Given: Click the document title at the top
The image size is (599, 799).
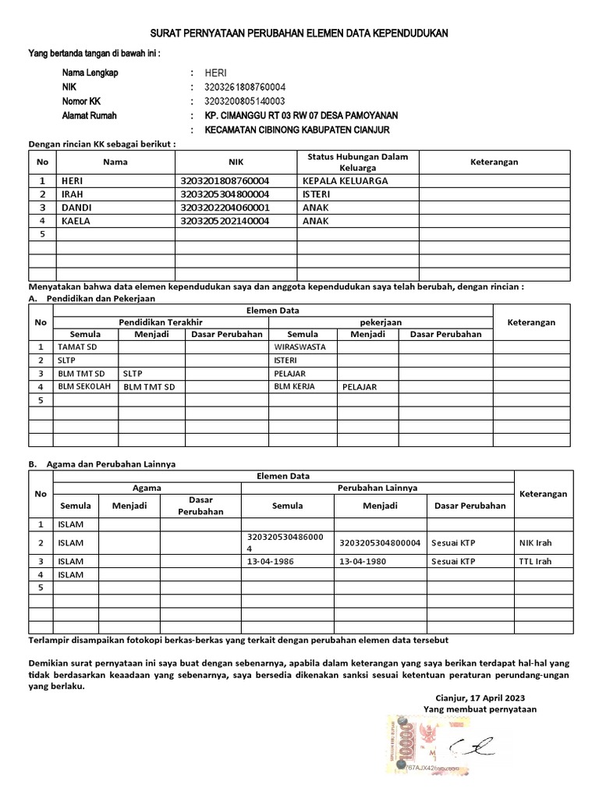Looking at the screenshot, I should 299,34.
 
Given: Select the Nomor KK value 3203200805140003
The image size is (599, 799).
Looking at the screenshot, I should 244,101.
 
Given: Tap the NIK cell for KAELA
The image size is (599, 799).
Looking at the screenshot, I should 225,221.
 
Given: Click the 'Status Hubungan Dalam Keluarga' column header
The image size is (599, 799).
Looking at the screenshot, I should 358,162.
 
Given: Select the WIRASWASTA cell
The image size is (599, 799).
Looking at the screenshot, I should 299,346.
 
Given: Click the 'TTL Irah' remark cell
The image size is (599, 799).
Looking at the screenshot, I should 535,560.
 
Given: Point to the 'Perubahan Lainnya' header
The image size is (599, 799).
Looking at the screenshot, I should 377,488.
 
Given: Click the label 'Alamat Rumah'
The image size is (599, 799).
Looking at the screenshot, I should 90,115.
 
